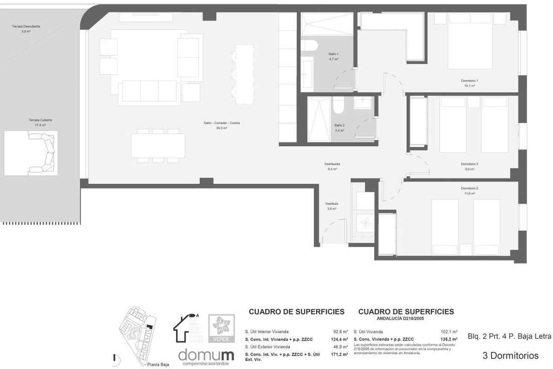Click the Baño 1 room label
[x=334, y=54]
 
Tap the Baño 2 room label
[x=340, y=125]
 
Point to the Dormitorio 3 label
[x=470, y=164]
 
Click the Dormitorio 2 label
[x=470, y=188]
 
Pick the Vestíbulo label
[x=332, y=203]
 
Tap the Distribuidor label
[x=332, y=164]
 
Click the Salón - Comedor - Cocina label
[x=222, y=123]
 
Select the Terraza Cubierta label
[x=40, y=120]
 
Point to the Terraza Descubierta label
[x=26, y=26]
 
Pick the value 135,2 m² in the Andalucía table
[x=449, y=339]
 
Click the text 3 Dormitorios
[x=510, y=356]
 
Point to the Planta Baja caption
[x=158, y=364]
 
